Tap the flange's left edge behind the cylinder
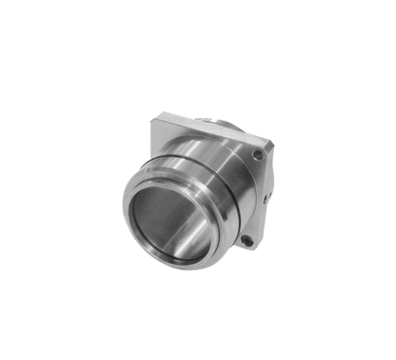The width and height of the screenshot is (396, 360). pos(149,143)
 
